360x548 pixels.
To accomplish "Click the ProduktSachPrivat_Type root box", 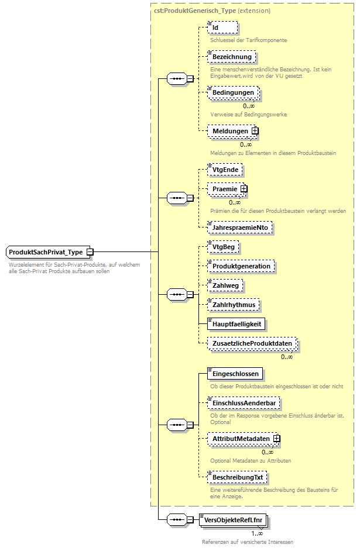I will pyautogui.click(x=46, y=252).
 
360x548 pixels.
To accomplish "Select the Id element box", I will pyautogui.click(x=223, y=27).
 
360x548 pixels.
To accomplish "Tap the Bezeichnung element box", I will pyautogui.click(x=232, y=57).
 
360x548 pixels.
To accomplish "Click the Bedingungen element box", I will pyautogui.click(x=233, y=92).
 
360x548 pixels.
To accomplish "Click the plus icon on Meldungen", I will pyautogui.click(x=255, y=131).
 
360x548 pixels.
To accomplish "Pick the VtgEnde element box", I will pyautogui.click(x=225, y=170).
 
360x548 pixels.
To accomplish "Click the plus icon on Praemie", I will pyautogui.click(x=244, y=189).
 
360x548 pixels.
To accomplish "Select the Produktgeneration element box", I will pyautogui.click(x=241, y=266).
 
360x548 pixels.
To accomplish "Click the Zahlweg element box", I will pyautogui.click(x=226, y=285).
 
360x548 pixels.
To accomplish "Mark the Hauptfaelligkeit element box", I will pyautogui.click(x=237, y=323).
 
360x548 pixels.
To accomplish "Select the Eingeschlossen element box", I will pyautogui.click(x=235, y=374).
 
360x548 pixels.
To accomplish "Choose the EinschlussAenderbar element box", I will pyautogui.click(x=244, y=403).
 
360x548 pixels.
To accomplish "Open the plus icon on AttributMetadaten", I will pyautogui.click(x=276, y=438).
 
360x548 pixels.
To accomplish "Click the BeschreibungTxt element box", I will pyautogui.click(x=237, y=477).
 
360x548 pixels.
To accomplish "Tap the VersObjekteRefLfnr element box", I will pyautogui.click(x=233, y=519).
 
